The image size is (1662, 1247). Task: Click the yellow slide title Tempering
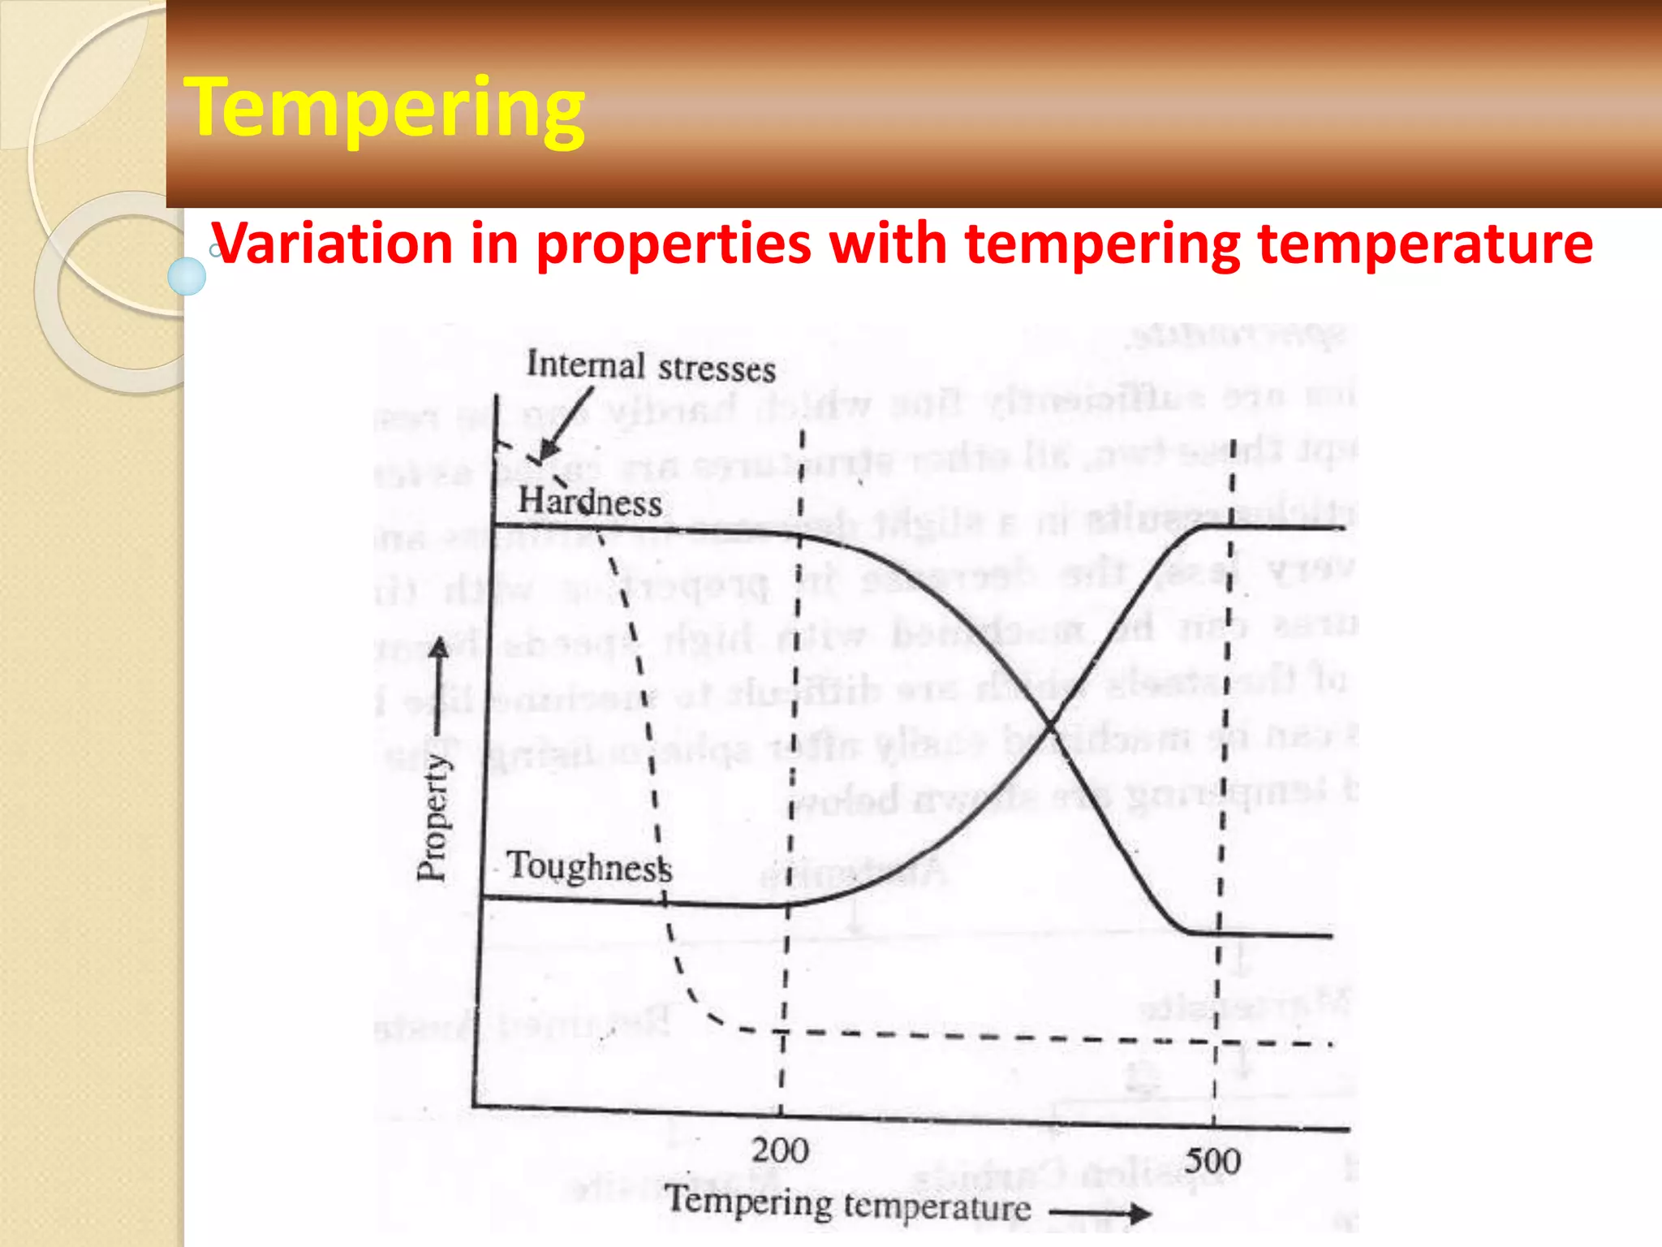point(385,109)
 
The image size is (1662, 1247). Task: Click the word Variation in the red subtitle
point(332,244)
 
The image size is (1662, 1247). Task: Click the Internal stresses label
point(651,366)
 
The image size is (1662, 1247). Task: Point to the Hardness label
point(590,501)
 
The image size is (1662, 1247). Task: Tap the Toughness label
point(589,866)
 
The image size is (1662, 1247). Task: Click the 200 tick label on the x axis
point(780,1150)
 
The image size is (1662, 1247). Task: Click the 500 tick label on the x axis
point(1212,1161)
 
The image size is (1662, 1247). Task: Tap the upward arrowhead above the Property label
point(439,647)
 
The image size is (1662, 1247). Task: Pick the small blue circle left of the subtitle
point(187,276)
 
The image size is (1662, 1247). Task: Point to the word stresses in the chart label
point(717,369)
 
